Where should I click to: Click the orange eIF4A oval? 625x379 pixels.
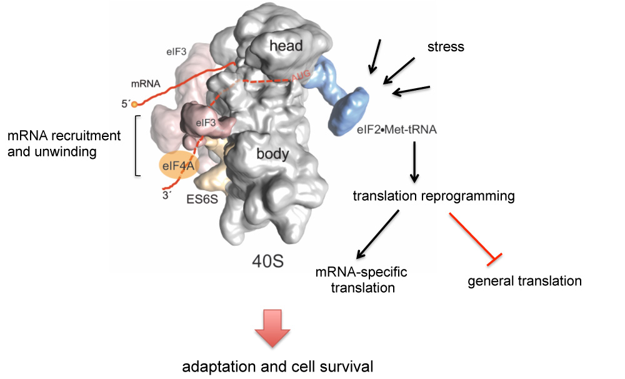pyautogui.click(x=176, y=166)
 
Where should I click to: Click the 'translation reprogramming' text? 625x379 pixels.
pyautogui.click(x=434, y=196)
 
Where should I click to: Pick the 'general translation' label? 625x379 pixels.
pyautogui.click(x=524, y=281)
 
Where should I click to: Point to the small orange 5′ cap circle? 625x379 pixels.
pyautogui.click(x=134, y=104)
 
